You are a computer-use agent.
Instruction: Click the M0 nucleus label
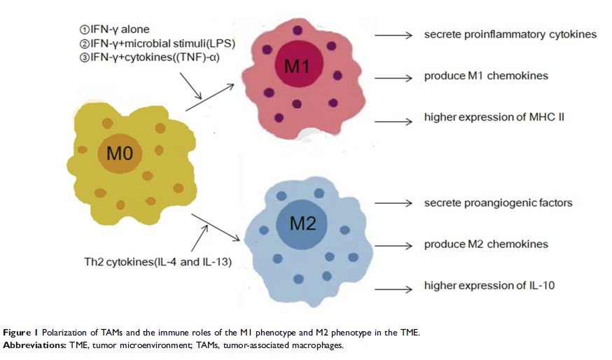[120, 152]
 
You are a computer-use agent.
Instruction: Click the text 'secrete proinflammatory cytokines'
[510, 34]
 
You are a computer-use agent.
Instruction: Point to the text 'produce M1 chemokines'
[485, 76]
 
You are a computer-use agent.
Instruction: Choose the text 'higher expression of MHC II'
[494, 117]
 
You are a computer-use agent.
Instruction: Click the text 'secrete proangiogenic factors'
[498, 203]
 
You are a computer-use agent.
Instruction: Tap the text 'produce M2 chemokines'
[485, 244]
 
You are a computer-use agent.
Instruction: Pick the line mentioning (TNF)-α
[150, 57]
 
